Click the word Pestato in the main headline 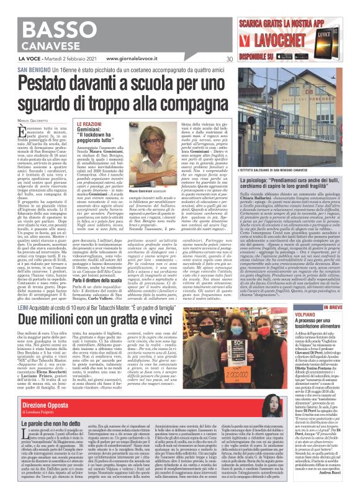tap(62, 65)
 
